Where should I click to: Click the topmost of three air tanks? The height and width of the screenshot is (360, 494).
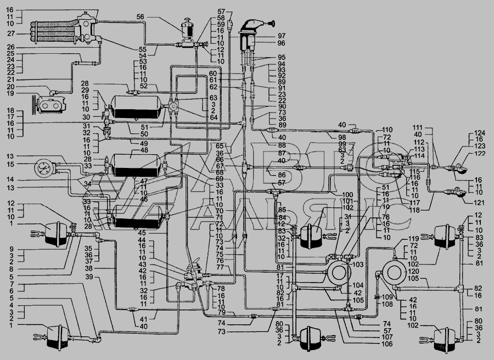pyautogui.click(x=135, y=105)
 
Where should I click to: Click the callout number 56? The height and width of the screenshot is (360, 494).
pyautogui.click(x=141, y=17)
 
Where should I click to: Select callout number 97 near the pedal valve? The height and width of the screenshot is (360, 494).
pyautogui.click(x=281, y=36)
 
